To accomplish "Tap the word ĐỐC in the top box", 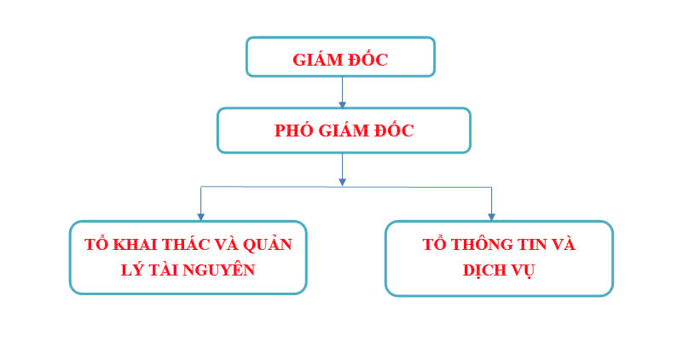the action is (368, 59).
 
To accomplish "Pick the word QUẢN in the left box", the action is (268, 243).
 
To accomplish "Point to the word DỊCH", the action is (483, 270).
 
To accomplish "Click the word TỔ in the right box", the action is (434, 244).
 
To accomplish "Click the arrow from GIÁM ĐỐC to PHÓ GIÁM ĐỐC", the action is (343, 92).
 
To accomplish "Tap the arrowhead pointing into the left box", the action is (201, 217).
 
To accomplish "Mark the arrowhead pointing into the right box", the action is (491, 217).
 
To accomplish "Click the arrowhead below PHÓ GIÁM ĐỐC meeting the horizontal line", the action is (343, 182).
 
